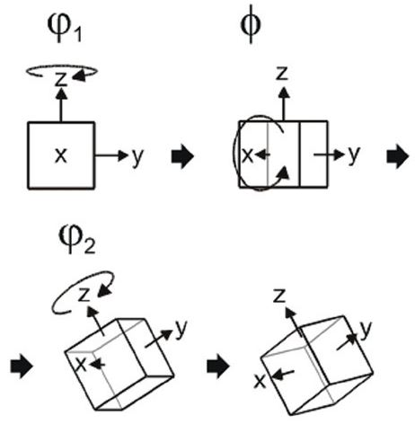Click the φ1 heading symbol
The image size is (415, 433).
click(x=65, y=28)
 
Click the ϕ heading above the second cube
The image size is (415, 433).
click(x=251, y=24)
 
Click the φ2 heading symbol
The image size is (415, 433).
click(x=77, y=240)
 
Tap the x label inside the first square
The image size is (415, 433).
click(x=61, y=155)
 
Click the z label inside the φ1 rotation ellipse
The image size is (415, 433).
click(x=61, y=79)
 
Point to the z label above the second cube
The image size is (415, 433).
click(x=281, y=73)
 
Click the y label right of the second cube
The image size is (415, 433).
click(x=354, y=155)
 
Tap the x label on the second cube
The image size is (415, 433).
click(x=247, y=155)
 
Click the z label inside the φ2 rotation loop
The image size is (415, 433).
click(x=84, y=294)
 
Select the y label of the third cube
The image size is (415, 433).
click(x=181, y=329)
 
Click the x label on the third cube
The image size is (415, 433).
click(x=81, y=365)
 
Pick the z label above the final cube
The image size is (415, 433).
click(x=279, y=296)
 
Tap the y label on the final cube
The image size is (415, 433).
click(x=366, y=330)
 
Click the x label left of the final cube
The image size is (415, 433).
click(x=260, y=381)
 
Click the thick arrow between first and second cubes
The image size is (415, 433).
click(x=182, y=156)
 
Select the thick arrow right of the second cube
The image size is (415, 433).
click(x=398, y=156)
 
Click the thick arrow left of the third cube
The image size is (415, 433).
click(x=22, y=367)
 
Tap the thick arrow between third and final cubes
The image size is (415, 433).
click(x=218, y=367)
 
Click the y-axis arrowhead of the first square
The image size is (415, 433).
click(x=123, y=155)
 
